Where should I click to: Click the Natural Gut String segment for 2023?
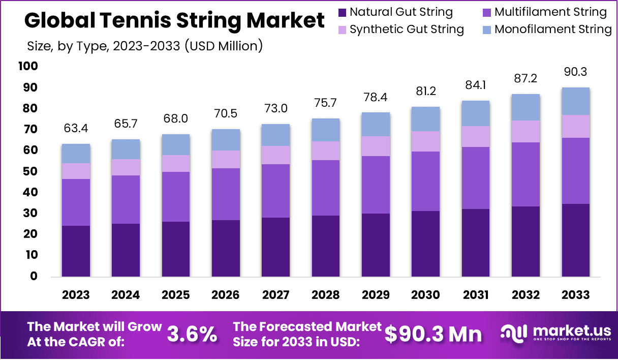76,251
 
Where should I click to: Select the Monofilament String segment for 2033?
575,101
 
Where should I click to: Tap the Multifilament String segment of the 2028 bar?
326,188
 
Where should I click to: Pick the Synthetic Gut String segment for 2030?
426,141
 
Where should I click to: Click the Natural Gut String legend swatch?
342,12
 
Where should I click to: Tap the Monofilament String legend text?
553,29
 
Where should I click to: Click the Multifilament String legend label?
550,12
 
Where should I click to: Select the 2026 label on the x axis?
226,295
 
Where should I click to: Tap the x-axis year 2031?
476,295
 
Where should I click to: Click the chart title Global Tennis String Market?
174,21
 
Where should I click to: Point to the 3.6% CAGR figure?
192,334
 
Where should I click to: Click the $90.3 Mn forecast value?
433,334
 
